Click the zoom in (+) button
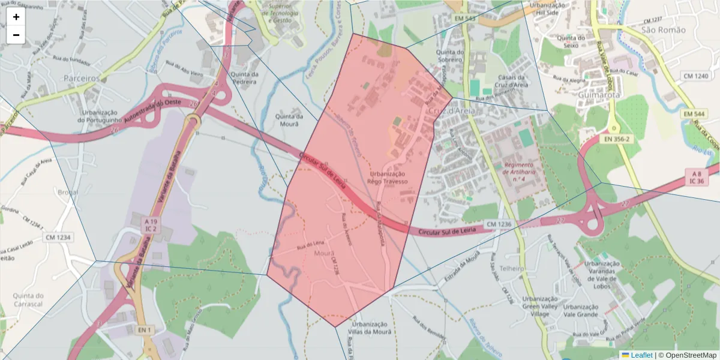point(16,17)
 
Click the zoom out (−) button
point(16,35)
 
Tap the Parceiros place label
point(82,78)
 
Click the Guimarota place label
point(591,94)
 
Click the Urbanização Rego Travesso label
point(388,177)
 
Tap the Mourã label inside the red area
point(325,253)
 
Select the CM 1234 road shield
point(58,238)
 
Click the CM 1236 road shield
point(499,224)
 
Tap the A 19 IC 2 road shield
point(151,226)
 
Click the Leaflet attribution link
point(641,355)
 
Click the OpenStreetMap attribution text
point(687,355)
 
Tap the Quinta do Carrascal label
point(22,300)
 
